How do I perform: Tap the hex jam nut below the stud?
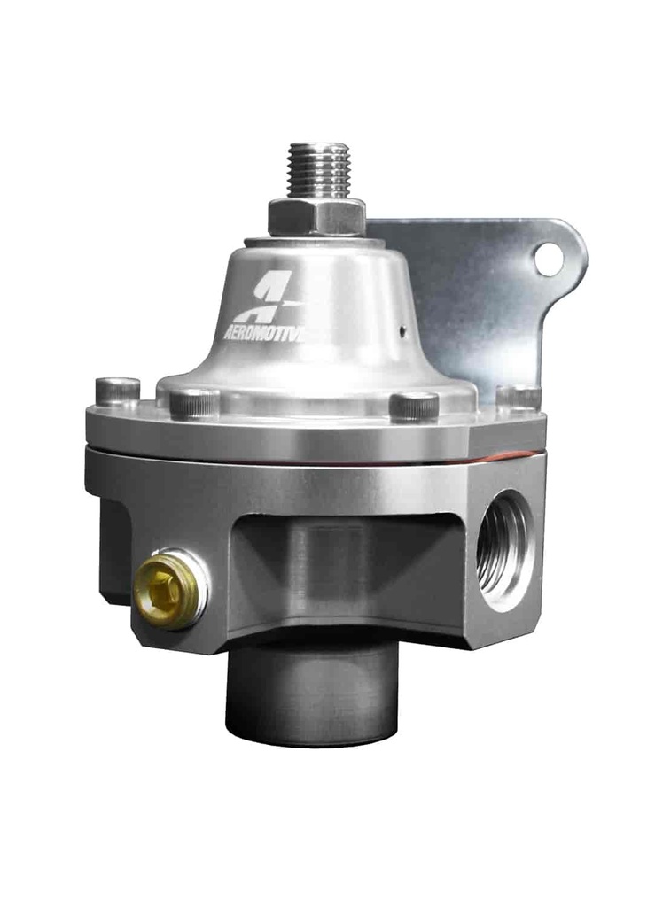pos(316,215)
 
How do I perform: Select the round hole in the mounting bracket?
pos(548,259)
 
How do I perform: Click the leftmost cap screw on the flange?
pos(118,391)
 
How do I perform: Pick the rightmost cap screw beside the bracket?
pos(519,397)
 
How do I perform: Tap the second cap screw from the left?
pos(193,403)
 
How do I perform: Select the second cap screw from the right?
pos(414,405)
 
